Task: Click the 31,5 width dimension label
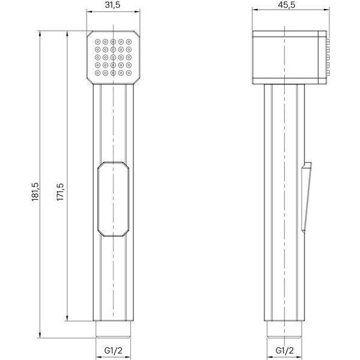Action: (112, 5)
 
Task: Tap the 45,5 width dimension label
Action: (288, 5)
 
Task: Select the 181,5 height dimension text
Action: (35, 192)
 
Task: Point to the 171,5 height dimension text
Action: (60, 192)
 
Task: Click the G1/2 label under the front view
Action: (114, 350)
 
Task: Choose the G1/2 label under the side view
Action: (285, 350)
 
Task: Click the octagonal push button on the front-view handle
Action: (113, 199)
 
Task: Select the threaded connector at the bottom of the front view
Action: (113, 330)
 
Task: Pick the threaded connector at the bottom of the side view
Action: (285, 330)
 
